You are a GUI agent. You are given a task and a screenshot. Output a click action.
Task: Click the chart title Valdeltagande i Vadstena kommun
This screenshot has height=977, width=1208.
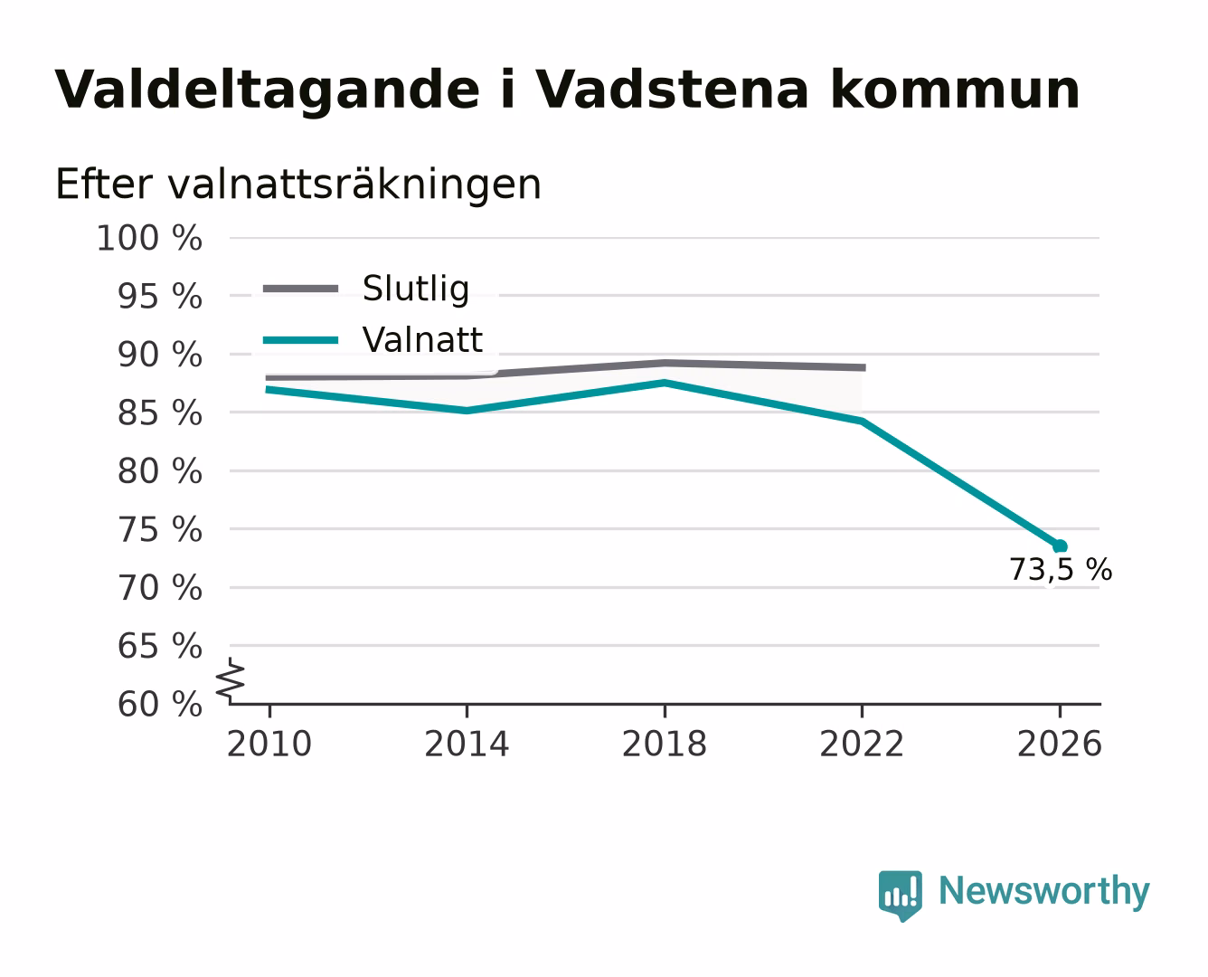(x=567, y=90)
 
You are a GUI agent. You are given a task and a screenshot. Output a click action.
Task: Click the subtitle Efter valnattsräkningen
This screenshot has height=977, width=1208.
(x=298, y=185)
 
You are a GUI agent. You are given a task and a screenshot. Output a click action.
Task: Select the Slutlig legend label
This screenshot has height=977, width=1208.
(x=416, y=289)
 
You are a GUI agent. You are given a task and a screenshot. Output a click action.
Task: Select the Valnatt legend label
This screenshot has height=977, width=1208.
(x=422, y=340)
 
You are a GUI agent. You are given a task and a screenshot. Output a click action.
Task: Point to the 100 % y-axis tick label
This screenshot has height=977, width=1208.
(x=149, y=238)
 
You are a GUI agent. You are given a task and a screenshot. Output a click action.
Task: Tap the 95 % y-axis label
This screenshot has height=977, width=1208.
(x=159, y=296)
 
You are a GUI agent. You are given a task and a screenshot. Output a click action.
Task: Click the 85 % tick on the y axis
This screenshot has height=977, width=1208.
(x=159, y=413)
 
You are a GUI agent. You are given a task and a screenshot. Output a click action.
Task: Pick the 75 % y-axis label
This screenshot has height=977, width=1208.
(x=159, y=530)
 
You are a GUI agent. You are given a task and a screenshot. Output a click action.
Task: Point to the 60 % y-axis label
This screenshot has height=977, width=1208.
(x=159, y=705)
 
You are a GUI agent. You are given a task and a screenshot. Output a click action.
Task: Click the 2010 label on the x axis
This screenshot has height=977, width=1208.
(x=269, y=745)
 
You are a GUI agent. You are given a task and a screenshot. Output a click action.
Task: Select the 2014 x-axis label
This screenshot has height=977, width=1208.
(x=467, y=745)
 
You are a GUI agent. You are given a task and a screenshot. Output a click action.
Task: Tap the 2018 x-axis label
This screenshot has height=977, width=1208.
(x=665, y=745)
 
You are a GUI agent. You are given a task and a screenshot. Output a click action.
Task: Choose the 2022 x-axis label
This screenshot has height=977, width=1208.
(x=862, y=745)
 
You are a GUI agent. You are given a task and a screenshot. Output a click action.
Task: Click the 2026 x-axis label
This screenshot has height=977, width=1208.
(x=1060, y=745)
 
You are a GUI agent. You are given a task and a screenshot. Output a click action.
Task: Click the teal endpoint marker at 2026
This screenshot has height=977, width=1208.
(x=1060, y=546)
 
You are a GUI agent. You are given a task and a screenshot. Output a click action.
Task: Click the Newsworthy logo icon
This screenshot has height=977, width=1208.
(x=901, y=896)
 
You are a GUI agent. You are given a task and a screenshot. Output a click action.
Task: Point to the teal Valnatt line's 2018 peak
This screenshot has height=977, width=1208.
(x=665, y=384)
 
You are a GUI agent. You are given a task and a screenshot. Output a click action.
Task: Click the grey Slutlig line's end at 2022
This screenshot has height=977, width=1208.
(x=865, y=367)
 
